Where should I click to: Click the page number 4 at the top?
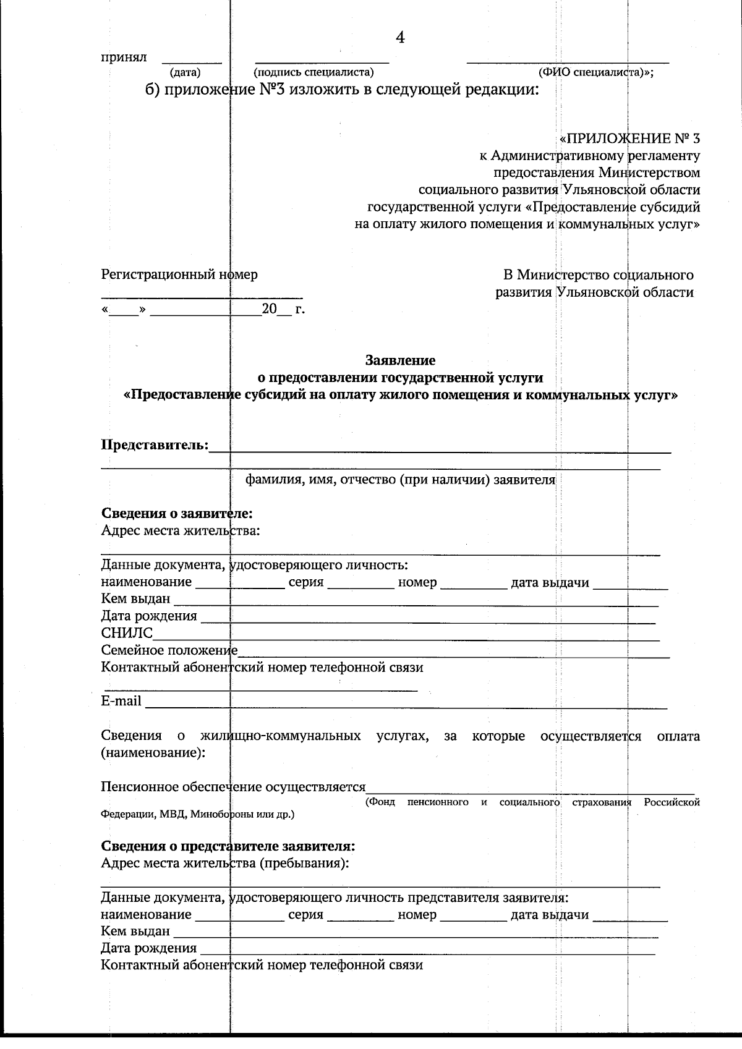pos(400,38)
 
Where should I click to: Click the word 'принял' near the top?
pos(124,57)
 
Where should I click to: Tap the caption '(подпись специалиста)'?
pos(314,73)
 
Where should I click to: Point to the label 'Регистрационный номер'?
pos(179,274)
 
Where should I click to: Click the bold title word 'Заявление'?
pos(400,360)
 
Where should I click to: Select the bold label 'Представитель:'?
pos(155,445)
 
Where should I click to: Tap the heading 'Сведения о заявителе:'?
pos(177,514)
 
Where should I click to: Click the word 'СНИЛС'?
pos(127,633)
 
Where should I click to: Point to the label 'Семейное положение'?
pos(169,650)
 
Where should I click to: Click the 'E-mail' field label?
pos(121,702)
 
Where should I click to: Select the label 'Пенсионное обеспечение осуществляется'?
pos(233,787)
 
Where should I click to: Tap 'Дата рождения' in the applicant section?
pos(149,616)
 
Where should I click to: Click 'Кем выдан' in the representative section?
pos(135,931)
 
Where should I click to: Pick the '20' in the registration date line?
pos(269,308)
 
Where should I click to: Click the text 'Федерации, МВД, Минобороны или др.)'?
pos(197,815)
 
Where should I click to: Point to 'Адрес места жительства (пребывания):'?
pos(224,863)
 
